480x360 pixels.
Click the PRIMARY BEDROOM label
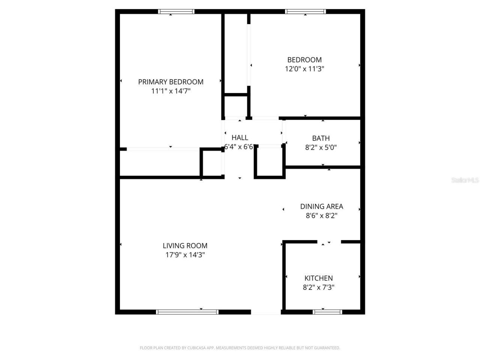[x=171, y=82]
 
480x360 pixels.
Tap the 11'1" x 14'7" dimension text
[x=171, y=91]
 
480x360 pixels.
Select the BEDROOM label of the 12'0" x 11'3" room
[x=304, y=60]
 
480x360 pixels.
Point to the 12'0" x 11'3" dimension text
[x=304, y=69]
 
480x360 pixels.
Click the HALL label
[x=240, y=138]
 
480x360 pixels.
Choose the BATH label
[x=321, y=138]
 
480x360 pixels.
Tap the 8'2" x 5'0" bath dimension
[x=321, y=148]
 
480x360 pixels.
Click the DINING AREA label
[x=322, y=206]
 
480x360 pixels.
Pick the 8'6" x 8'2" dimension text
[x=322, y=216]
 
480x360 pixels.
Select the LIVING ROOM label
[x=185, y=246]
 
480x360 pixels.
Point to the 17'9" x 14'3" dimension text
[x=185, y=255]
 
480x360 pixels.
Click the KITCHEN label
[x=319, y=278]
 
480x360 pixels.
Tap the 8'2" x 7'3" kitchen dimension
[x=319, y=288]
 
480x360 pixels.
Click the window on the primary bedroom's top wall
[x=177, y=12]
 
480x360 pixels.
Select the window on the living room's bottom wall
[x=187, y=312]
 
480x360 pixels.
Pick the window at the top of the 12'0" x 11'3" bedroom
[x=306, y=12]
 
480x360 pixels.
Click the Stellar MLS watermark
[x=465, y=180]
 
